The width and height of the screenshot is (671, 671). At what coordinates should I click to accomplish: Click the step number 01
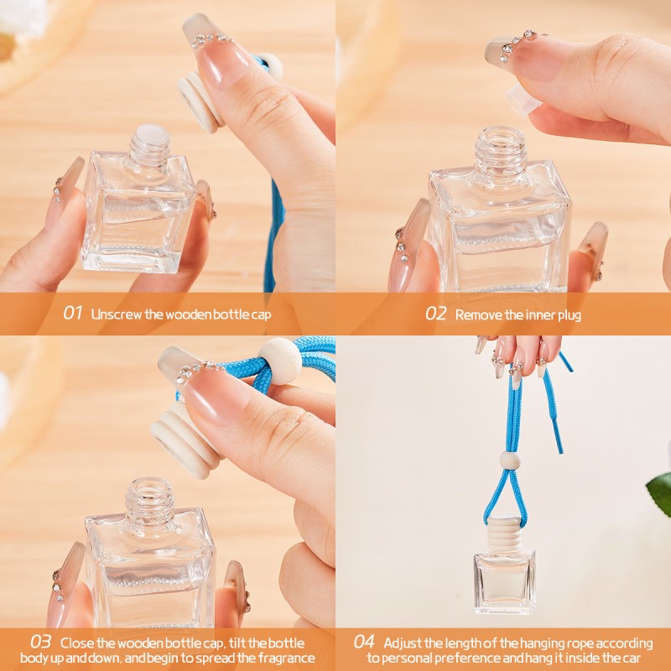pyautogui.click(x=73, y=314)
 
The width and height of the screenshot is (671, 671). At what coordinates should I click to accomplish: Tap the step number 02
pyautogui.click(x=435, y=314)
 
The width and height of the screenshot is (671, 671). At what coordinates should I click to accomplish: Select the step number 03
pyautogui.click(x=40, y=642)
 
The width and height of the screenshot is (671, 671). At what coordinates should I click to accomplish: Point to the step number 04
pyautogui.click(x=363, y=642)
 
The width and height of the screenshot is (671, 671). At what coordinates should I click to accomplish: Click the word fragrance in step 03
pyautogui.click(x=282, y=658)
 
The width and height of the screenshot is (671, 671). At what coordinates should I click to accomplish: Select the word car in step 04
pyautogui.click(x=642, y=658)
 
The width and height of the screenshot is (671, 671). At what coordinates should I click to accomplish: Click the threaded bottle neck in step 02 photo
pyautogui.click(x=501, y=151)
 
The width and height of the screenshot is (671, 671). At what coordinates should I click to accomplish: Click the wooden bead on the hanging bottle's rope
pyautogui.click(x=510, y=460)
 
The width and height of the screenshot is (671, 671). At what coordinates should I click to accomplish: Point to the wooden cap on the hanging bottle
pyautogui.click(x=504, y=533)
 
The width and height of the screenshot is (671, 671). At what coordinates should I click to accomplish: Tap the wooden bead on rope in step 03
pyautogui.click(x=278, y=361)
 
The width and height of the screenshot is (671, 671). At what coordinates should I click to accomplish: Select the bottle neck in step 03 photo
pyautogui.click(x=149, y=499)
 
